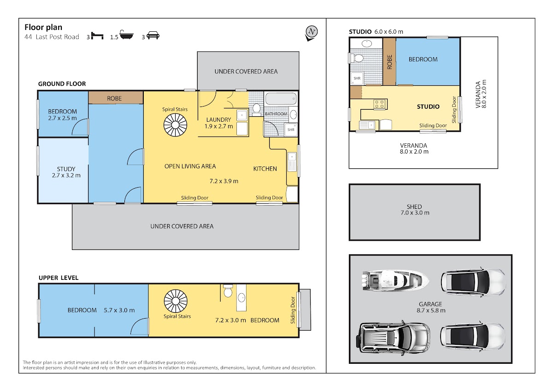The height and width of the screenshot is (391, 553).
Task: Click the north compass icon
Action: (312, 33)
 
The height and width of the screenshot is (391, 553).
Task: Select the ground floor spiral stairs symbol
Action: (175, 125)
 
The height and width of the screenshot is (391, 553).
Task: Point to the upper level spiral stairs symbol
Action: (176, 301)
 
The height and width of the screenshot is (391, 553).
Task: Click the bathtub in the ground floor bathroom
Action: (281, 99)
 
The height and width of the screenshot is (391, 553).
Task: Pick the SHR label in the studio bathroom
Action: (357, 78)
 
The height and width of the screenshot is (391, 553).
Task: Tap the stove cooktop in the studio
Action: (380, 104)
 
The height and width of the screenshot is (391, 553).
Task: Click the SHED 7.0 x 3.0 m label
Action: (415, 210)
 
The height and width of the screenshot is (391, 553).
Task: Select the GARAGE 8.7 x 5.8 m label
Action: (431, 307)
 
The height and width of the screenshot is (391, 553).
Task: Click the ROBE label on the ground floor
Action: (114, 99)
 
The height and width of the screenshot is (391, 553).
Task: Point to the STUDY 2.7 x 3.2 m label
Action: (66, 172)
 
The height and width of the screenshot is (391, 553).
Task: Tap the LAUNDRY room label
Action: (219, 120)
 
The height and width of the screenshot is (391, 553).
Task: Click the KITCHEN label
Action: (265, 169)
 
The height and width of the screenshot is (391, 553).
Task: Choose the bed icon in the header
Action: (97, 36)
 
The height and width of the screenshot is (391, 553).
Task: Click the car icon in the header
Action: (153, 36)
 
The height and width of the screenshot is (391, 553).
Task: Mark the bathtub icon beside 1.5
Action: (126, 35)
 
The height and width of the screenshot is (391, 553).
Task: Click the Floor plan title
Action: (43, 27)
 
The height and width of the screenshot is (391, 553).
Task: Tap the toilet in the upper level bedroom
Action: (228, 291)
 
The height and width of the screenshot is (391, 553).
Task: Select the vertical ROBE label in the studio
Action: (389, 62)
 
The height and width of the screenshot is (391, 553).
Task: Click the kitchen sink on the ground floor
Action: (292, 162)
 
